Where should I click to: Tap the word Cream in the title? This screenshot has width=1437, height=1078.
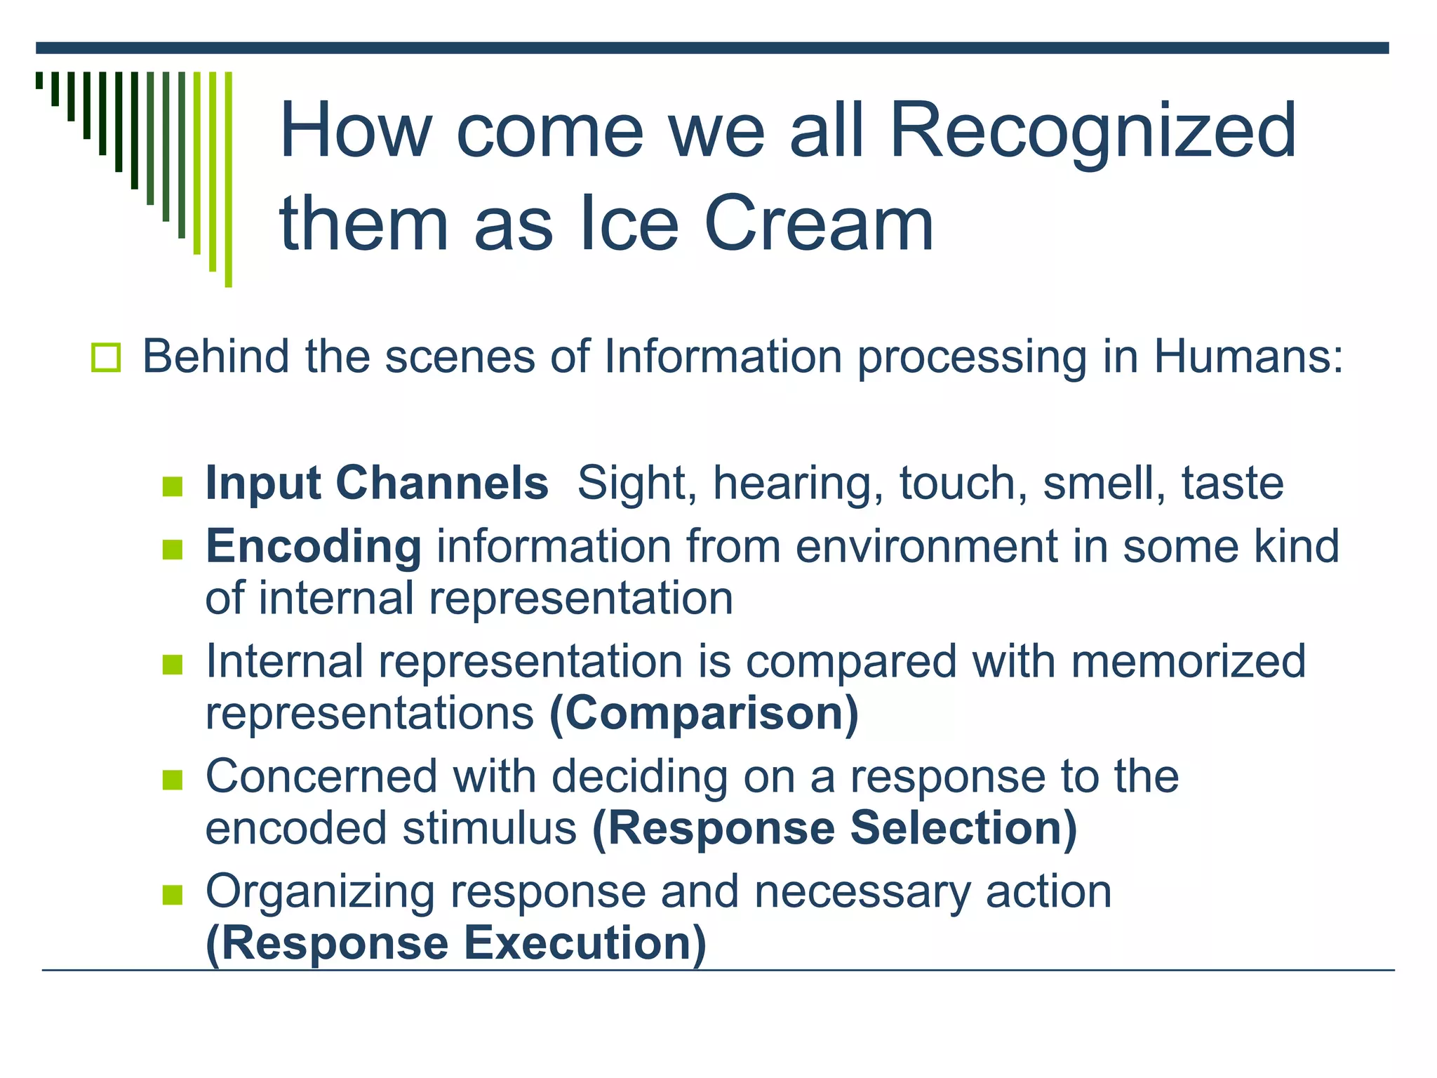point(818,225)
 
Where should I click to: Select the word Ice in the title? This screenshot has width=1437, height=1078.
point(629,225)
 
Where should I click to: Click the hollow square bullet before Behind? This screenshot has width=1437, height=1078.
point(106,358)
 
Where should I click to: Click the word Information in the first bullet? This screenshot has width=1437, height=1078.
point(723,357)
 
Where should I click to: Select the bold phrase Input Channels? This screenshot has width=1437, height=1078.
point(376,484)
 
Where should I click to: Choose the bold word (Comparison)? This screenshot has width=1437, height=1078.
point(704,714)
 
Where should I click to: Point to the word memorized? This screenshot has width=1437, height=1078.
point(1188,662)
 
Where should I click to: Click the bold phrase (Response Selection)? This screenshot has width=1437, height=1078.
point(834,829)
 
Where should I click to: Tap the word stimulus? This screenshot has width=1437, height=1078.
point(489,829)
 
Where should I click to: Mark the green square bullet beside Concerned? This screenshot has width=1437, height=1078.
point(173,780)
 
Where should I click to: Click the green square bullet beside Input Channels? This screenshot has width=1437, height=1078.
point(173,486)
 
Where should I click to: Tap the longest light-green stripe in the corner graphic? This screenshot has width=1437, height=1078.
point(228,179)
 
